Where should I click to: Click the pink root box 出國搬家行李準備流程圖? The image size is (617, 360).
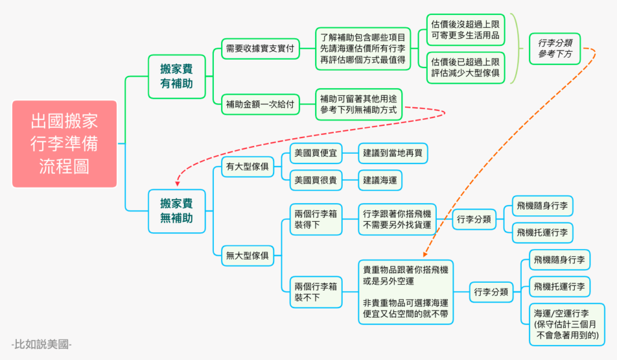(64, 144)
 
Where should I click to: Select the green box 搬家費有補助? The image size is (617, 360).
(177, 77)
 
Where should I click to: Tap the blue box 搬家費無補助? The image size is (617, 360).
(177, 211)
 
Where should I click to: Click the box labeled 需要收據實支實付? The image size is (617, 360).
(260, 49)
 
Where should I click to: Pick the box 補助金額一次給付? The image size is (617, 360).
(260, 104)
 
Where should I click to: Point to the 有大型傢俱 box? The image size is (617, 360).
(248, 166)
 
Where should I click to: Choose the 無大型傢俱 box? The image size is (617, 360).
(248, 256)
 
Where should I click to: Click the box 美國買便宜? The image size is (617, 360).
(316, 153)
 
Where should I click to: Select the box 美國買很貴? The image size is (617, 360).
(316, 180)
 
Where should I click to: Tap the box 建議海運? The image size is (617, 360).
(380, 180)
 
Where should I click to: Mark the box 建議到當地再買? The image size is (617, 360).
(393, 153)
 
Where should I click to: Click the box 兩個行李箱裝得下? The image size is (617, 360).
(316, 219)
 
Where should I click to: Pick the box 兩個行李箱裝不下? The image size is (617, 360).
(316, 292)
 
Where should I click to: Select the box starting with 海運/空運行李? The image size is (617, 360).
(566, 324)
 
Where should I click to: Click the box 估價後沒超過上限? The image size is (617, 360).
(466, 30)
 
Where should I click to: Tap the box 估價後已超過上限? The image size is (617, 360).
(466, 68)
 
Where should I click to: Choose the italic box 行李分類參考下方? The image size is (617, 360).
(555, 49)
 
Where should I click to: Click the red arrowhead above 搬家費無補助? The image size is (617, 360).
(178, 183)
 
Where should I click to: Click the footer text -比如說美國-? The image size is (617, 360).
(42, 344)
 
